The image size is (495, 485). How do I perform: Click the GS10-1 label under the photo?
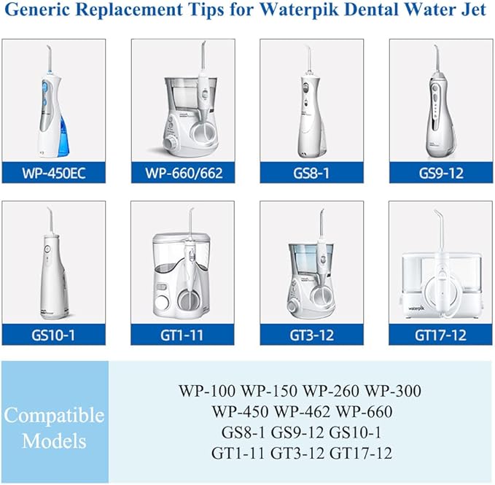point(54,336)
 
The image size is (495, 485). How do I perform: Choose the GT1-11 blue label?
point(183,336)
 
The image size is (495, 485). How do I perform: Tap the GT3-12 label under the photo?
point(311,336)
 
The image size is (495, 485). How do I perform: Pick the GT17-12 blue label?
point(440,336)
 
